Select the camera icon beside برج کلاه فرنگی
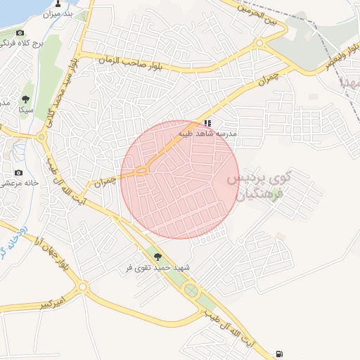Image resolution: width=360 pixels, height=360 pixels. click(x=20, y=33)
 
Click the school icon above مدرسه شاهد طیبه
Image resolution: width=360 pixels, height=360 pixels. click(x=207, y=122)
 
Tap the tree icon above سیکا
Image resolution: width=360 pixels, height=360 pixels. click(x=26, y=99)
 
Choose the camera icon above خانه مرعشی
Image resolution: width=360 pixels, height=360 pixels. click(x=18, y=172)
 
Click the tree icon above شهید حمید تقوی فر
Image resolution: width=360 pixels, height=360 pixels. click(x=157, y=257)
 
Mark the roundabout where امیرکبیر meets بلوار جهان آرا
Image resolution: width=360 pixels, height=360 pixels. click(x=83, y=287)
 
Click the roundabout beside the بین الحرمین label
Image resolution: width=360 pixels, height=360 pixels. click(x=259, y=44)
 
